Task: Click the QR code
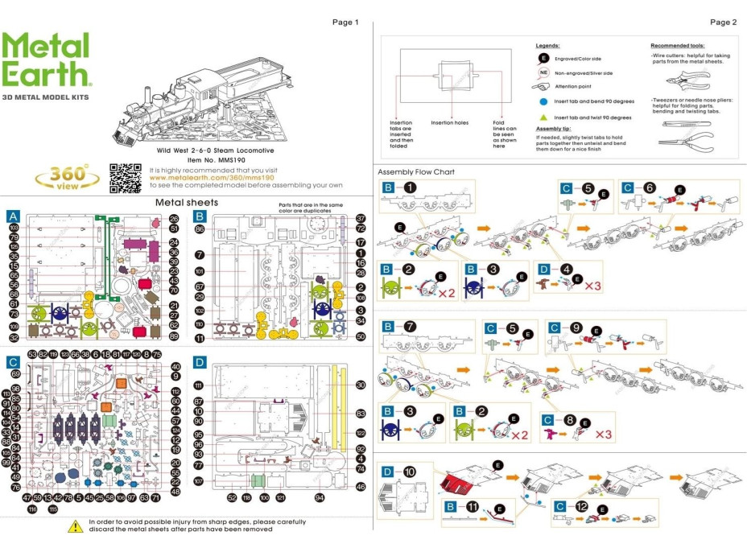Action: point(125,178)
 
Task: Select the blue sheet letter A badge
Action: point(13,216)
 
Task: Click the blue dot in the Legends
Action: point(543,102)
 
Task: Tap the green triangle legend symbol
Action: point(543,117)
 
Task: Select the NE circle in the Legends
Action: point(543,72)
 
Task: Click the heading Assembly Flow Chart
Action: point(416,172)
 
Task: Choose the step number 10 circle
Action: point(410,472)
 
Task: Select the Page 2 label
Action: point(723,22)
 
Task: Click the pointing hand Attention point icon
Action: point(542,87)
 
